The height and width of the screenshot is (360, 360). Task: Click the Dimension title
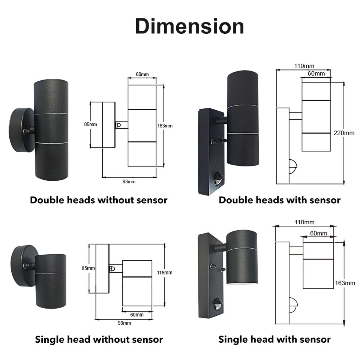click(x=189, y=26)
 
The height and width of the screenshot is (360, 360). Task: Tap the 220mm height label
click(x=344, y=133)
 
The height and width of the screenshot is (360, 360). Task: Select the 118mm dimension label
click(x=165, y=273)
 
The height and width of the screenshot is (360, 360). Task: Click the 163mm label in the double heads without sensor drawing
click(x=165, y=126)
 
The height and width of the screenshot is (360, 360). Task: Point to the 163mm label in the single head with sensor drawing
click(x=345, y=283)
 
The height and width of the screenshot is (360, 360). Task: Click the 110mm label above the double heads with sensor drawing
click(x=304, y=66)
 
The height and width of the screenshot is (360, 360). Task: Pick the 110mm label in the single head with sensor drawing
click(x=304, y=222)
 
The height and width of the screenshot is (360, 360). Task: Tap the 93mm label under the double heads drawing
click(x=129, y=181)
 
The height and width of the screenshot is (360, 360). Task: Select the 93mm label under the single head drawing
click(x=124, y=323)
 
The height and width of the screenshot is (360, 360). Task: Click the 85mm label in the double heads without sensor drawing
click(x=90, y=124)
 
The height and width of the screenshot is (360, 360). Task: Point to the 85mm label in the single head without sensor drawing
click(x=88, y=268)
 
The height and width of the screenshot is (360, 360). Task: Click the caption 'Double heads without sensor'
click(x=99, y=200)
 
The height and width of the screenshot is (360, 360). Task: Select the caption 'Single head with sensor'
click(x=274, y=339)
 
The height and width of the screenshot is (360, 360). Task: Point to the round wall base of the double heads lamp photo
click(x=21, y=130)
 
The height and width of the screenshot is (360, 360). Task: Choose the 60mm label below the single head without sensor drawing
click(x=137, y=315)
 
